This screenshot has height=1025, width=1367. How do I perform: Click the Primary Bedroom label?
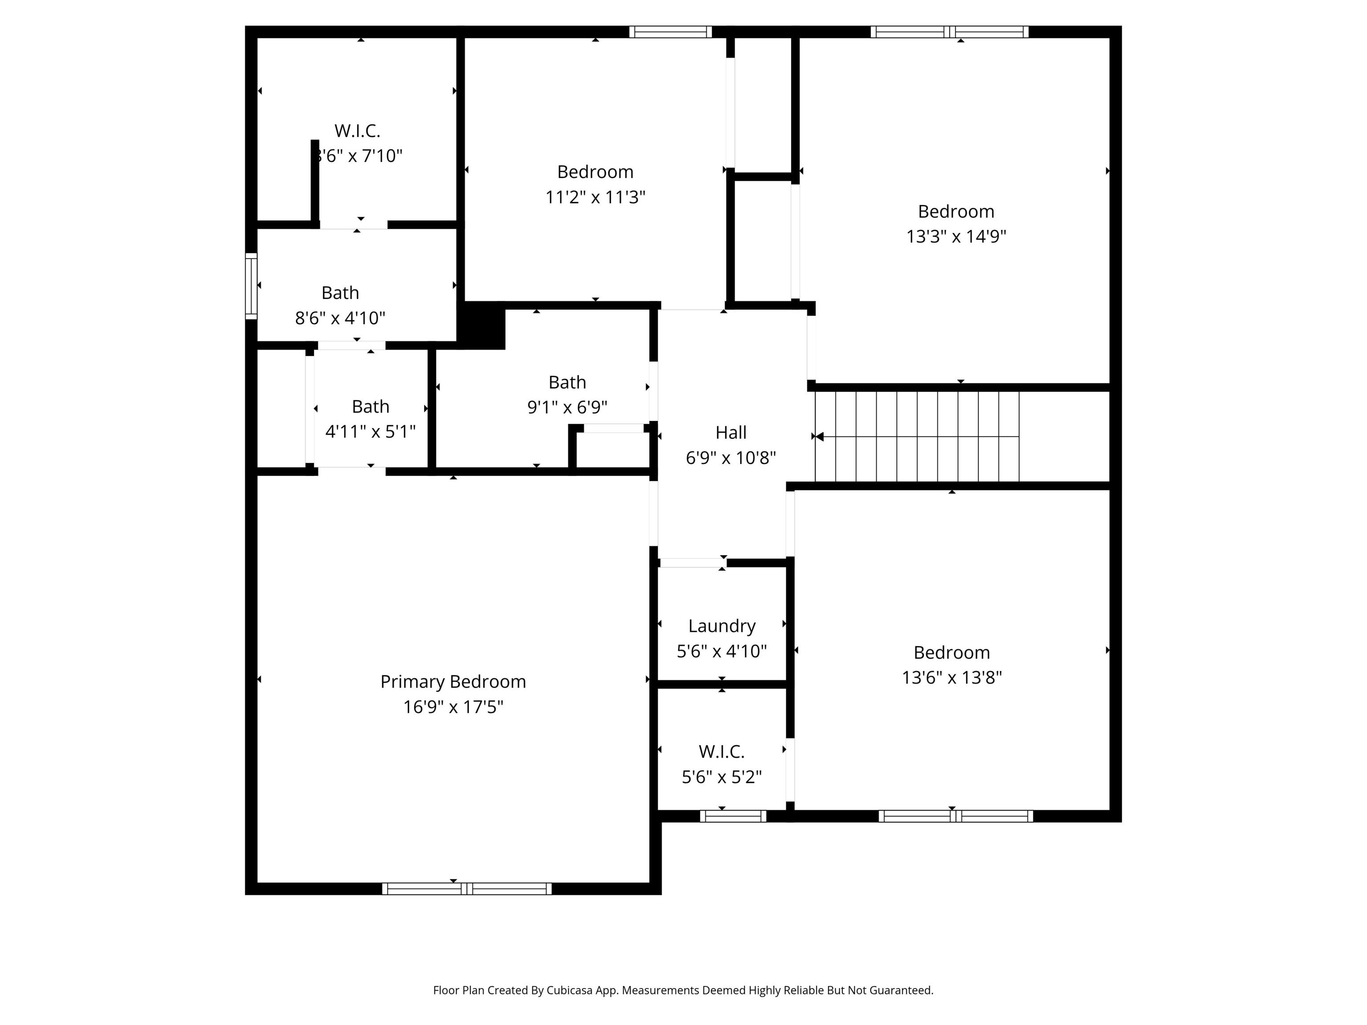click(453, 682)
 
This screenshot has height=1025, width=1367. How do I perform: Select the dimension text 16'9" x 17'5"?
click(453, 707)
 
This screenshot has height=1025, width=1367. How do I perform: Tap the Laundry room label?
click(722, 626)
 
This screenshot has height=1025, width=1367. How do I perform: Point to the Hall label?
click(731, 432)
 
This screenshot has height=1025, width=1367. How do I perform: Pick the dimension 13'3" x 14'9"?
click(955, 237)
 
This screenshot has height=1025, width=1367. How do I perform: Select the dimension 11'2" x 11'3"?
click(595, 197)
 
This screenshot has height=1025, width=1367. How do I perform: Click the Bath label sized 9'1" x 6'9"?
click(567, 383)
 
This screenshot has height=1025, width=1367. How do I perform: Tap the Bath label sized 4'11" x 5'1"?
click(370, 407)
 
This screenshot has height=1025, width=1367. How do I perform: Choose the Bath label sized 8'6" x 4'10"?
click(340, 293)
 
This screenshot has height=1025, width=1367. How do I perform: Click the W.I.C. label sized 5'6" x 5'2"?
click(721, 751)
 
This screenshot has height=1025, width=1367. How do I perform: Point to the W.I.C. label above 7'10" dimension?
click(357, 131)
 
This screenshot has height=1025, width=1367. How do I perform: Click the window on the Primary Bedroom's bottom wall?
click(467, 888)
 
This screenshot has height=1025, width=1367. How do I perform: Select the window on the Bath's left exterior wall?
click(251, 286)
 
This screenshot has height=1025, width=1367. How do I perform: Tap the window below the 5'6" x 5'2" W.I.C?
click(733, 816)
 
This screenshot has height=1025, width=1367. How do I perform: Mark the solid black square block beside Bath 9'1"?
click(481, 326)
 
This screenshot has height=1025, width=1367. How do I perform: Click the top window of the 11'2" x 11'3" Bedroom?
click(671, 32)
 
